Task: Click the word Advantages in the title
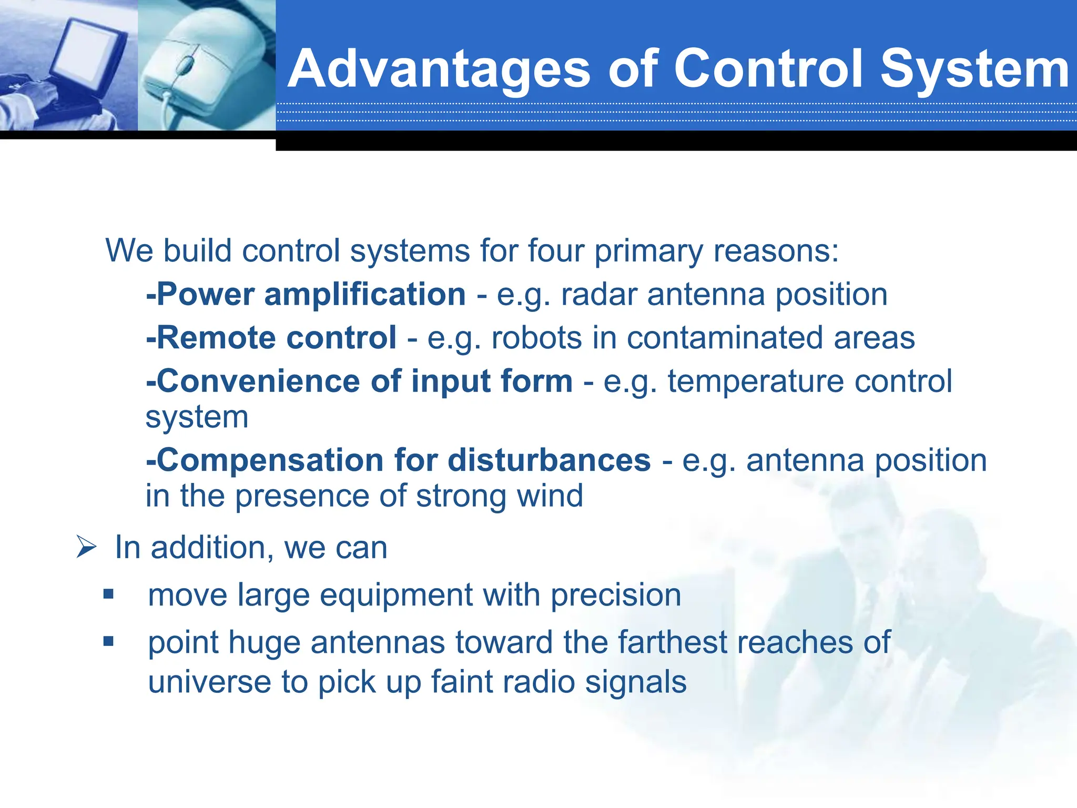pos(439,69)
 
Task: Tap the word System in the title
pos(974,69)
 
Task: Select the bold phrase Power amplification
pos(307,294)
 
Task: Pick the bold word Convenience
pos(256,381)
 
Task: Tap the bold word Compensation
pos(266,460)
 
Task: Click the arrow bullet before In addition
pos(86,547)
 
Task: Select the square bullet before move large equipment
pos(109,594)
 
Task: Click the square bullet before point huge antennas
pos(109,641)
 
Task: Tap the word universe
pos(209,682)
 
